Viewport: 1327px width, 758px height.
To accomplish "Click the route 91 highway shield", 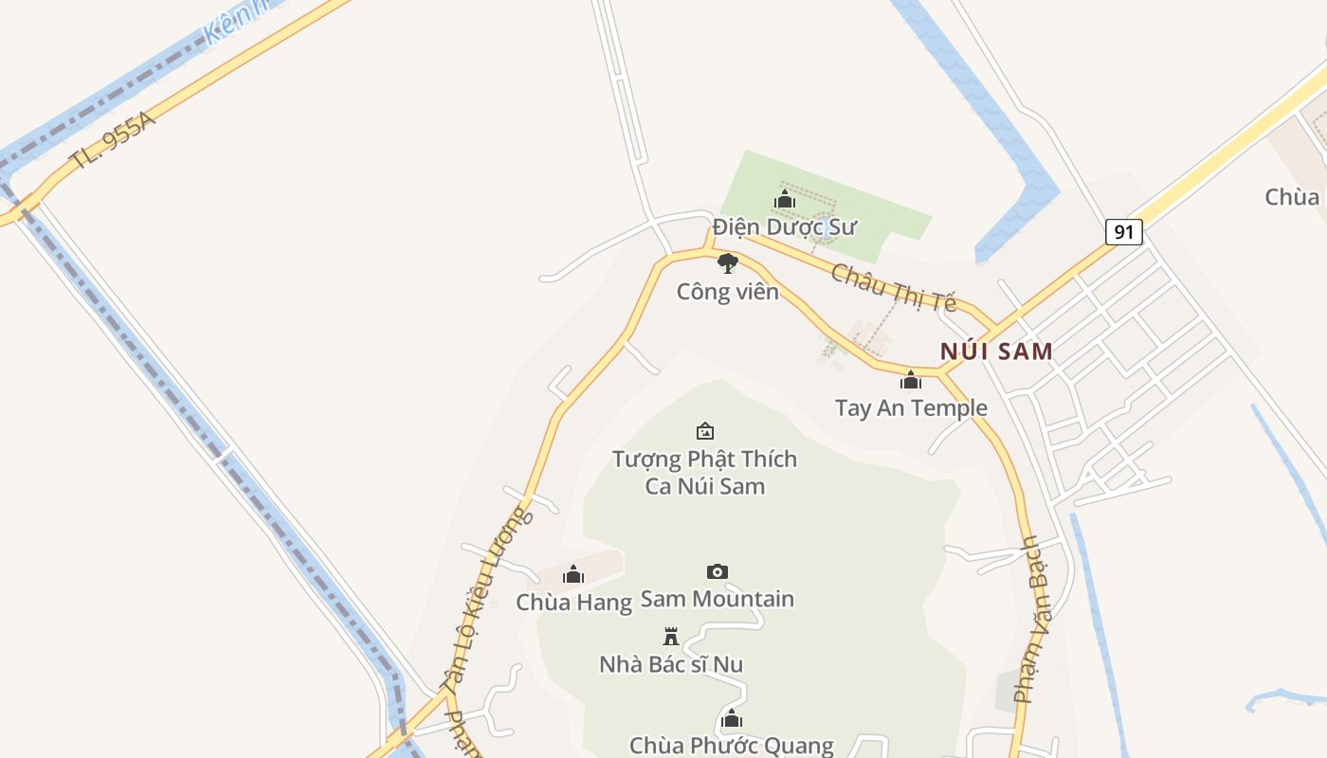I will (x=1123, y=231).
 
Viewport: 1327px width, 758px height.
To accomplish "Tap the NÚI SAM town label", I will (x=996, y=352).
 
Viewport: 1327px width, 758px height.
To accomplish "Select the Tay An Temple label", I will (x=911, y=408).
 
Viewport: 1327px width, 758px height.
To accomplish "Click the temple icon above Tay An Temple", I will (x=911, y=381).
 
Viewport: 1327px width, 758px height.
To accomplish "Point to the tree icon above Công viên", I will (x=727, y=263).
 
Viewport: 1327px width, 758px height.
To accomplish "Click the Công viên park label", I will (x=727, y=292).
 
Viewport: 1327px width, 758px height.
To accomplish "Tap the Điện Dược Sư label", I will (x=785, y=227).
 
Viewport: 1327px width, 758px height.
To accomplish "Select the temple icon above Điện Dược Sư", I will (x=785, y=200).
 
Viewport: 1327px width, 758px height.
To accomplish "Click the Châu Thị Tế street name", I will (x=894, y=287).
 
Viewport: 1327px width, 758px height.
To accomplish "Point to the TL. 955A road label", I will (x=112, y=140).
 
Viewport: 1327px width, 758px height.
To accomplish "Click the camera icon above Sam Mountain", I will (x=718, y=571).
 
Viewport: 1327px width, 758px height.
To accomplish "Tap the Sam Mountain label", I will (x=718, y=599).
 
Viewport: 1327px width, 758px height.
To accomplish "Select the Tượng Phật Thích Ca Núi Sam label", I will (x=704, y=473).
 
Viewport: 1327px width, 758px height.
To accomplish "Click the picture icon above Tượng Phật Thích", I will (x=704, y=432).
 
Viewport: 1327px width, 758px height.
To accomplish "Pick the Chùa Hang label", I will (x=573, y=603).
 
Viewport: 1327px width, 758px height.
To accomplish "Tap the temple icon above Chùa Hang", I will (x=573, y=574).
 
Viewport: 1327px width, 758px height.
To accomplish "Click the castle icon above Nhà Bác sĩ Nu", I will (x=671, y=636).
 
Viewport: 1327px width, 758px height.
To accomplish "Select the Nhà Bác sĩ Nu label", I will (x=671, y=664).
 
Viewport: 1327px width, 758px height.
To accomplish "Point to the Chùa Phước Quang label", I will (x=732, y=746).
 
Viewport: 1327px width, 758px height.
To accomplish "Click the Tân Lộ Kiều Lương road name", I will (x=483, y=600).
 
